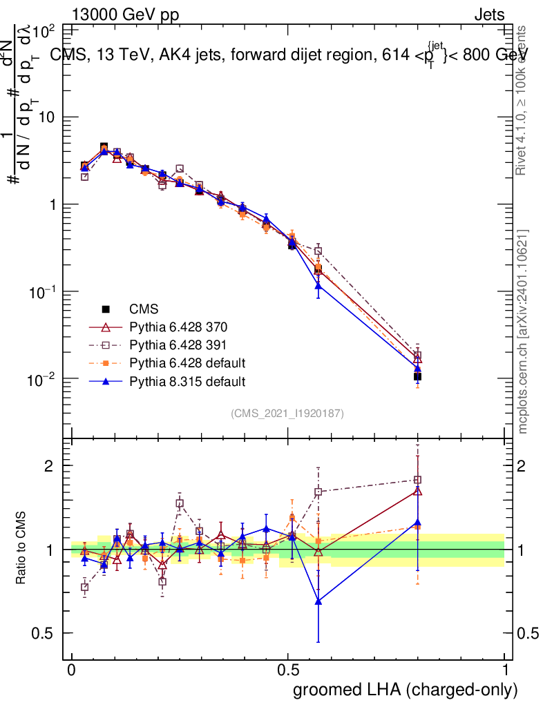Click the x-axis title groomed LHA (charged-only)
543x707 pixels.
406,690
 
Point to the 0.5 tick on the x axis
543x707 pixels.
288,670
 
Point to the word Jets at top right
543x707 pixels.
488,14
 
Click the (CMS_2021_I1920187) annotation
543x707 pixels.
287,413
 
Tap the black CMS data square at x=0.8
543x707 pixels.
417,376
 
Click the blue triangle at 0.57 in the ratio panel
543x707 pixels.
318,601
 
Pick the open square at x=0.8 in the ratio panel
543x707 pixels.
417,480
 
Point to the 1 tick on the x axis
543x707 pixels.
504,670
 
